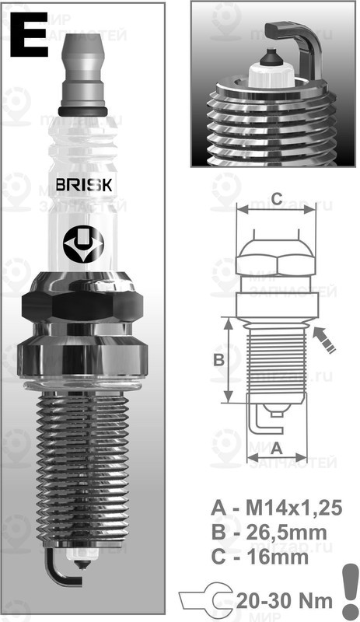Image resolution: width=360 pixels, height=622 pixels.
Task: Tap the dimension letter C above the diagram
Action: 276,195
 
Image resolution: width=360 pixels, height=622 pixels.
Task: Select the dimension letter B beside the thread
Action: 218,359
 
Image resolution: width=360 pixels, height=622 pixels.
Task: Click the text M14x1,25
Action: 288,508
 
